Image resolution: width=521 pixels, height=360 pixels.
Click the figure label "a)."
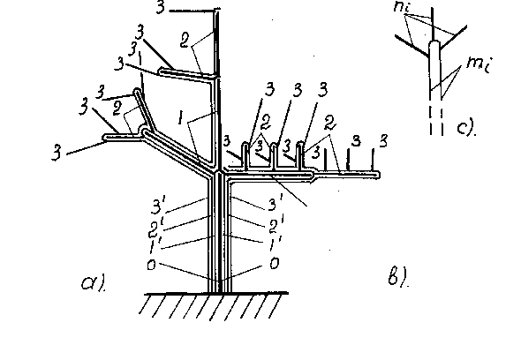pyautogui.click(x=94, y=283)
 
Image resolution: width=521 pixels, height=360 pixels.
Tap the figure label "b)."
pyautogui.click(x=397, y=276)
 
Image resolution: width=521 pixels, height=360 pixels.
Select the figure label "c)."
pyautogui.click(x=466, y=128)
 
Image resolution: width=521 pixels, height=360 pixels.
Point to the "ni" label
pyautogui.click(x=402, y=6)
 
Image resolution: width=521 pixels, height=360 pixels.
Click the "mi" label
pyautogui.click(x=478, y=64)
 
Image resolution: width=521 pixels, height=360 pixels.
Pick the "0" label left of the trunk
pyautogui.click(x=151, y=265)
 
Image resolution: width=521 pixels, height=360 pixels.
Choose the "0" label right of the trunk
pyautogui.click(x=274, y=263)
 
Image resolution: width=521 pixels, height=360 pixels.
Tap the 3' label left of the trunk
pyautogui.click(x=157, y=206)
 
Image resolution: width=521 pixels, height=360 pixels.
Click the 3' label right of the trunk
pyautogui.click(x=276, y=203)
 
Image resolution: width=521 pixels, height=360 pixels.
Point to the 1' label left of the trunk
pyautogui.click(x=155, y=246)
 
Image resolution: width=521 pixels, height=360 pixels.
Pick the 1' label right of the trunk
pyautogui.click(x=276, y=244)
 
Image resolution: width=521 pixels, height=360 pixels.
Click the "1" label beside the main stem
pyautogui.click(x=180, y=117)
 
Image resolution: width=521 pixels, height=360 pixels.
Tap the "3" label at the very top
pyautogui.click(x=160, y=7)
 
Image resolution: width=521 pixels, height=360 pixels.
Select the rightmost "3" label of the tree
pyautogui.click(x=384, y=141)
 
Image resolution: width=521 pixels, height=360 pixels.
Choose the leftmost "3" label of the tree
pyautogui.click(x=57, y=153)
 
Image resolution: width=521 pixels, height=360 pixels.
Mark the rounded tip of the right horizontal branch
pyautogui.click(x=378, y=175)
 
